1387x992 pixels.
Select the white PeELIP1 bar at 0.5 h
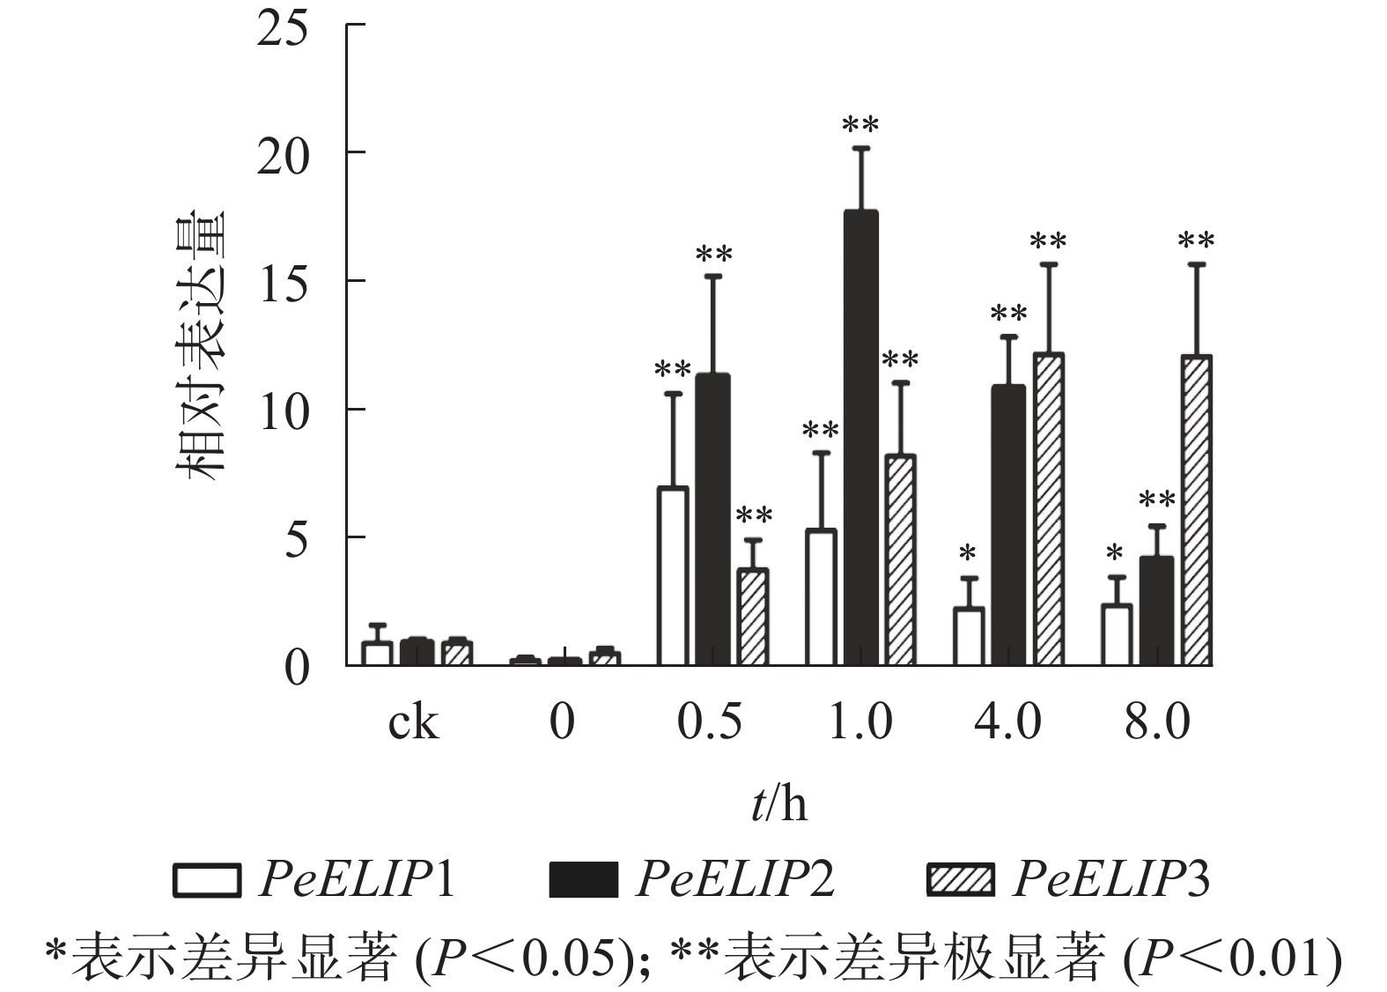tap(673, 576)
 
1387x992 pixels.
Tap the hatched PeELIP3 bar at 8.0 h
tap(1197, 510)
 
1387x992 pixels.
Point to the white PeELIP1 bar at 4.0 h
tap(969, 636)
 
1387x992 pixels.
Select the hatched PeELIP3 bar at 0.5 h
tap(752, 617)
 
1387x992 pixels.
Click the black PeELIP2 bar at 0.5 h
tap(712, 519)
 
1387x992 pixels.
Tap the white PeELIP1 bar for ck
tap(377, 653)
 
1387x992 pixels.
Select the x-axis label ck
tap(412, 723)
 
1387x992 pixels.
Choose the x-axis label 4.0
tap(1007, 723)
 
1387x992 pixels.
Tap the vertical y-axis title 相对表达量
tap(201, 344)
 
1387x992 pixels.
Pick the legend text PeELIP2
tap(734, 879)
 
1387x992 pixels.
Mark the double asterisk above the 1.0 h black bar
tap(860, 125)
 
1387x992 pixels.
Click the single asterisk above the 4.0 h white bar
tap(968, 554)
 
